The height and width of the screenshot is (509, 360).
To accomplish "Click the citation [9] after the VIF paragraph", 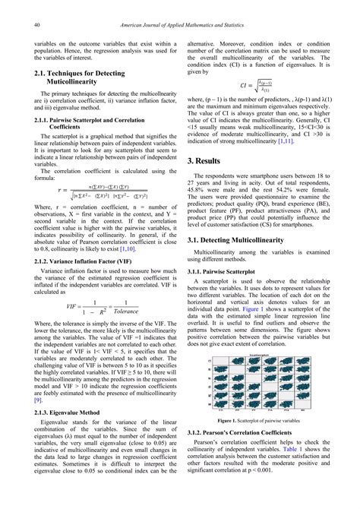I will (x=37, y=420).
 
